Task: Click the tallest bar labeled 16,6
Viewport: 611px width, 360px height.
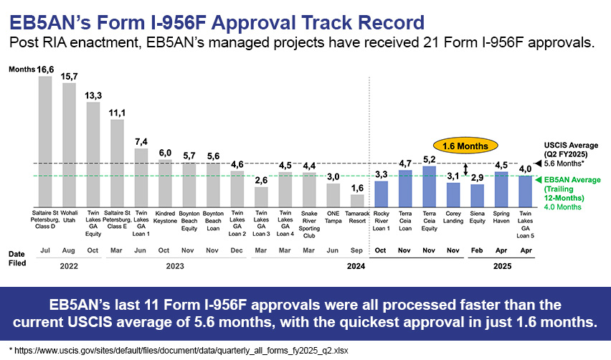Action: [45, 141]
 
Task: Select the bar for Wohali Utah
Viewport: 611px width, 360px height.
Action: [69, 145]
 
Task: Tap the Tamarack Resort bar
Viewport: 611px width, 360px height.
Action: [357, 201]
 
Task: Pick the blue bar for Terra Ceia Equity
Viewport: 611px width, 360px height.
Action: [429, 186]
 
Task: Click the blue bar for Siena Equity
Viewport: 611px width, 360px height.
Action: [478, 196]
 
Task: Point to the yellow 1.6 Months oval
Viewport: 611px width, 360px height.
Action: [465, 146]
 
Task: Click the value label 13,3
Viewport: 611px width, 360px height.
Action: [93, 96]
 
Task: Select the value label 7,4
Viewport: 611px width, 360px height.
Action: [141, 142]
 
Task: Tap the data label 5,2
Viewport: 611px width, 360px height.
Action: [429, 159]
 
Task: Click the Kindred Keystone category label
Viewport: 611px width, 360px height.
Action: [165, 217]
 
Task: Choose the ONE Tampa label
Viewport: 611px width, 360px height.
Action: [333, 217]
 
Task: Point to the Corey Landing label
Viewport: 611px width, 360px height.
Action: [453, 217]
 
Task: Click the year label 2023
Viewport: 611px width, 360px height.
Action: [175, 266]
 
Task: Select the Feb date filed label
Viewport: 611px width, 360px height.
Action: [477, 250]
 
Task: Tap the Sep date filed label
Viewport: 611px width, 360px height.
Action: [356, 250]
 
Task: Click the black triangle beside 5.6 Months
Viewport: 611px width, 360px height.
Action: [538, 164]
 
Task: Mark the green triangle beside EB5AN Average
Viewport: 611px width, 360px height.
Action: [538, 179]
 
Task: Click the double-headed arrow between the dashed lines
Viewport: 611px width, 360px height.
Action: [465, 169]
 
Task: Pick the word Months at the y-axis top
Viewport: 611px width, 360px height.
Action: [22, 70]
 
